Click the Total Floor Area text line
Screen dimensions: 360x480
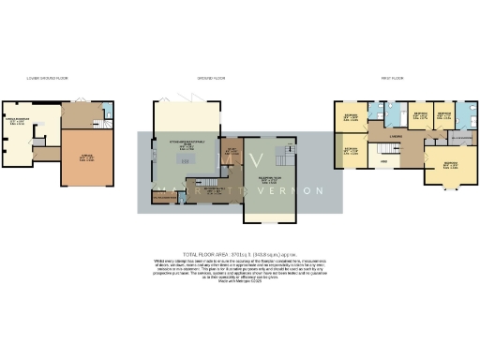pyautogui.click(x=239, y=254)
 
